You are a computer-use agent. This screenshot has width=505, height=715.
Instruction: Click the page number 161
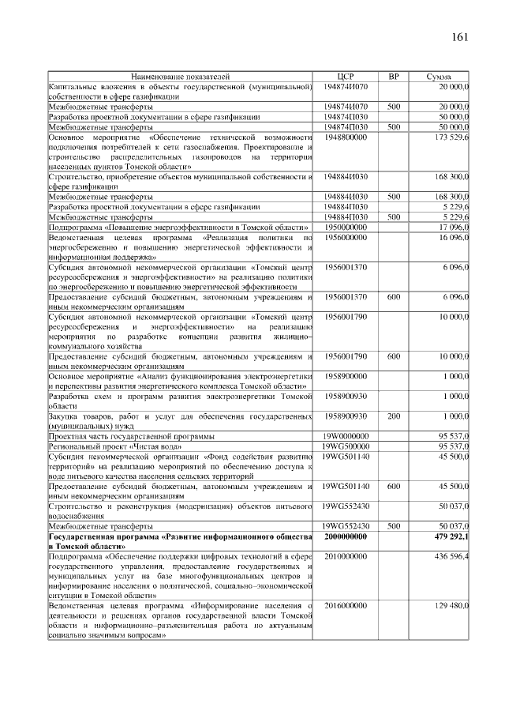tap(460, 38)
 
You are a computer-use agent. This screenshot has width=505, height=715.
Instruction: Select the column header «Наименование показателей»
tap(181, 77)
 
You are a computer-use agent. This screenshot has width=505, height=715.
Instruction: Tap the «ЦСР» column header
tap(346, 77)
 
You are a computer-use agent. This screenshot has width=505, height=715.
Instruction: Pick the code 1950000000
tap(346, 227)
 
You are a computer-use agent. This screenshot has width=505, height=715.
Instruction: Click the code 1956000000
tap(346, 237)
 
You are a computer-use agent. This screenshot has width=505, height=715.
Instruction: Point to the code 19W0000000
tap(346, 435)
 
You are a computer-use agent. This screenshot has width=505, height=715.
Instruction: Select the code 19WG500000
tap(346, 446)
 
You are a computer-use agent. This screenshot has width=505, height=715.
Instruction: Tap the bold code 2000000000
tap(346, 537)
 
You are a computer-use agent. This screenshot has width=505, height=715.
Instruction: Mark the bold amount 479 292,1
tap(450, 537)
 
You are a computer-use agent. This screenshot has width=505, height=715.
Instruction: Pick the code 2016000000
tap(346, 605)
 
